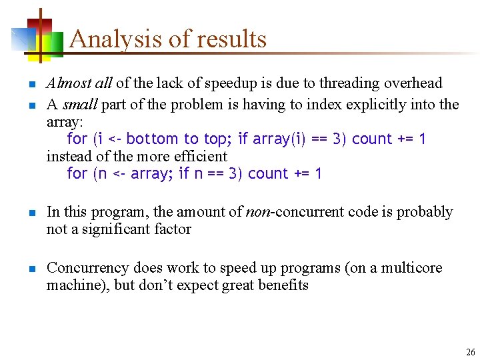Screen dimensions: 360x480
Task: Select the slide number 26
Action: (x=470, y=352)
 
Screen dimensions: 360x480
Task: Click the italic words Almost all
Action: (x=79, y=83)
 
